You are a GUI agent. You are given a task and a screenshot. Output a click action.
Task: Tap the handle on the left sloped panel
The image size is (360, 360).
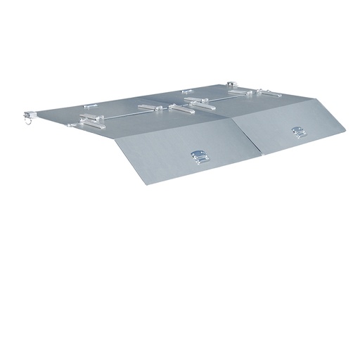pos(198,156)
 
